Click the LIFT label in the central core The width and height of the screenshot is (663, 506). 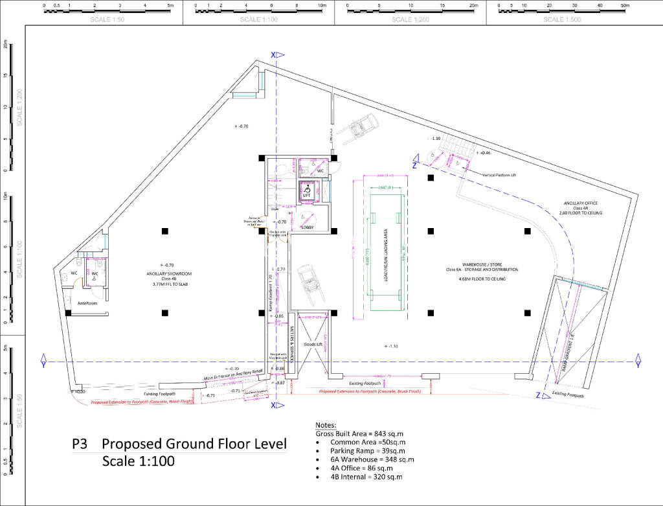(x=307, y=194)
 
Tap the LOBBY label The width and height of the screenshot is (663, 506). (x=307, y=227)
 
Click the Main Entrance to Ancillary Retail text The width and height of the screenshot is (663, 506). (x=233, y=374)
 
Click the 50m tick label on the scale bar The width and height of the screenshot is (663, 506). (x=624, y=5)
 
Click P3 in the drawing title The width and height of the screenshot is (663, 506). (x=80, y=444)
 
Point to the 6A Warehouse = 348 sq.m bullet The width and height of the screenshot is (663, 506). (x=372, y=459)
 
